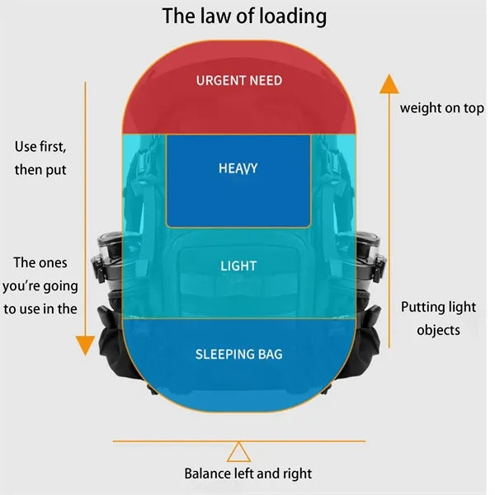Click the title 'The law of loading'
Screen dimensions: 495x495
(244, 16)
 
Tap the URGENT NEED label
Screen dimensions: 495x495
(239, 81)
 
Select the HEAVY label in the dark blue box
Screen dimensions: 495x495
(238, 168)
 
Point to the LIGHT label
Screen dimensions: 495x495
(238, 266)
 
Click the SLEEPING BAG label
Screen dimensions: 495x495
(238, 354)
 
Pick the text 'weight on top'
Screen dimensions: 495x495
(441, 108)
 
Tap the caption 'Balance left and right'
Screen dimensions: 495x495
(247, 474)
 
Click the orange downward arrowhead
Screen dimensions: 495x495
(85, 346)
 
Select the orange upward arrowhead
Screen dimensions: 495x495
(389, 84)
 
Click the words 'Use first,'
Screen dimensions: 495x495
(40, 147)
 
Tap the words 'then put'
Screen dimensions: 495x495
(40, 170)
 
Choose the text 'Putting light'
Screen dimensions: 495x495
(438, 307)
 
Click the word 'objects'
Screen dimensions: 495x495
(438, 331)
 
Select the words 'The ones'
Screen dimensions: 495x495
(40, 262)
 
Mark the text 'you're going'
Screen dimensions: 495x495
(40, 286)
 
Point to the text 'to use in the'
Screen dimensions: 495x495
(40, 309)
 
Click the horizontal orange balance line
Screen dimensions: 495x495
(239, 441)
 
